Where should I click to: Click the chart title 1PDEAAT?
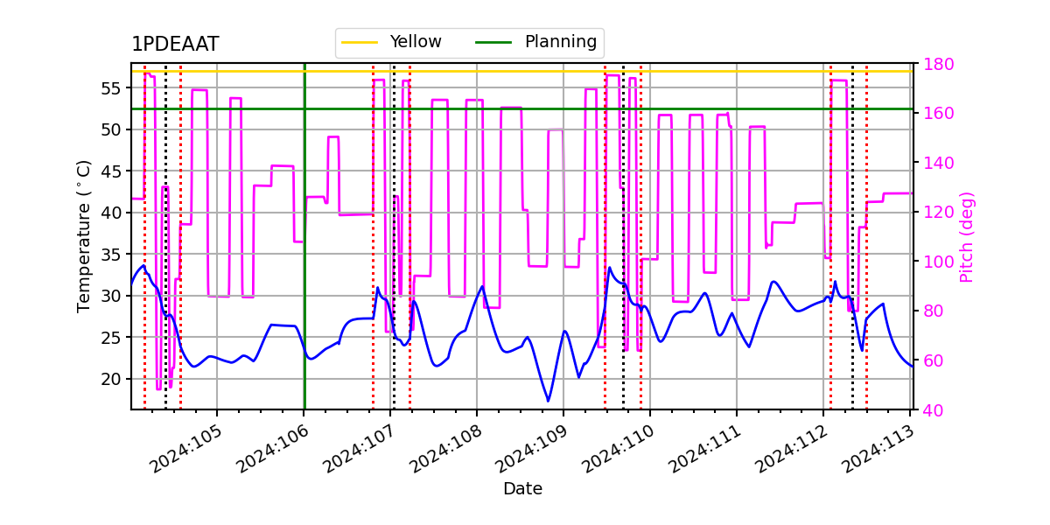tap(175, 45)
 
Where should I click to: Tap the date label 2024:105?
tap(185, 450)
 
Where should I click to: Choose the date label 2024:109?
tap(533, 450)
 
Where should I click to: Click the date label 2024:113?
tap(879, 450)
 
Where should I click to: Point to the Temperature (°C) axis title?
tap(84, 235)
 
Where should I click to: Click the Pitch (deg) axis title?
tap(966, 236)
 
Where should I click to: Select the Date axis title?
tap(522, 489)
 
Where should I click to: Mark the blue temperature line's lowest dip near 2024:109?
tap(549, 402)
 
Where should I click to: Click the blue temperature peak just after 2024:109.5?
tap(610, 268)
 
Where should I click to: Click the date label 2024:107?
tap(359, 450)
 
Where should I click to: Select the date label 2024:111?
tap(706, 450)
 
